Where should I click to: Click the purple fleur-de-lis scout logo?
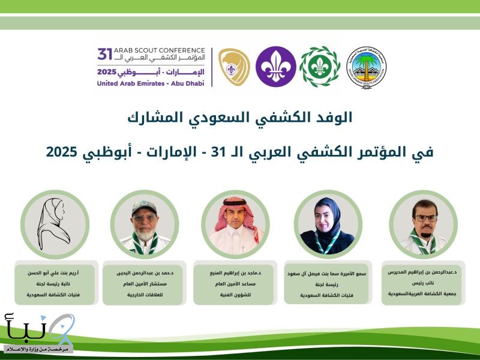[275, 67]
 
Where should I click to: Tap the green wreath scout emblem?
[319, 67]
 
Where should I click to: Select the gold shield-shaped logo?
[233, 67]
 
